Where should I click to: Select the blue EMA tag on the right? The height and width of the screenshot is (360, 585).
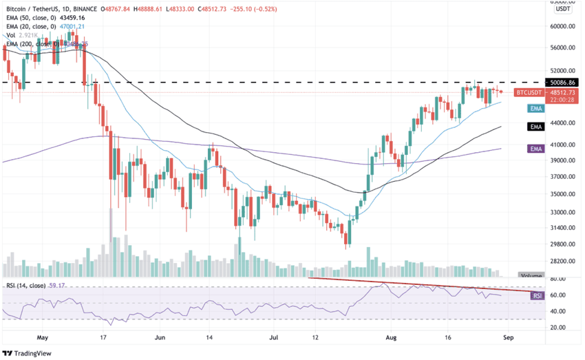pos(536,109)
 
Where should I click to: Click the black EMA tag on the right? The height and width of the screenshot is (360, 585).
pos(536,127)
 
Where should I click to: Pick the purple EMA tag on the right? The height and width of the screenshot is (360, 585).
pos(536,148)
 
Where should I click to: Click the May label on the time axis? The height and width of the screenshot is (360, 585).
pos(43,338)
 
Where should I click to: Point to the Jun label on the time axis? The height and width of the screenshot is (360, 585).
pos(160,338)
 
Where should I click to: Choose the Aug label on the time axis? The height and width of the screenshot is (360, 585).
pos(392,338)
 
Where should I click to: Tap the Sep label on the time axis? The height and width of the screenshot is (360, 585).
pos(508,338)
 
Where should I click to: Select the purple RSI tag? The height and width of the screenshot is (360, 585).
pos(537,295)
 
